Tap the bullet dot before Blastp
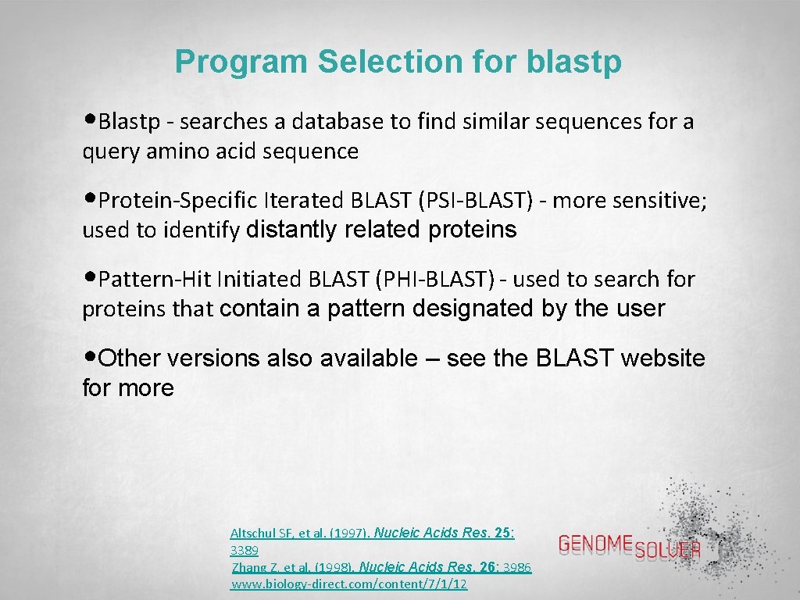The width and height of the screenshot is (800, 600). pyautogui.click(x=91, y=120)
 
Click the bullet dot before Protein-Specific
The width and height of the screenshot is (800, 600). pyautogui.click(x=91, y=199)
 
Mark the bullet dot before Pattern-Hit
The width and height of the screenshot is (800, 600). pyautogui.click(x=91, y=277)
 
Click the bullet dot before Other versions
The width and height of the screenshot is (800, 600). pyautogui.click(x=91, y=357)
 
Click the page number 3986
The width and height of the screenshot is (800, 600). pyautogui.click(x=516, y=568)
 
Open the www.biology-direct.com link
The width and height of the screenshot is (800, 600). pyautogui.click(x=349, y=584)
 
